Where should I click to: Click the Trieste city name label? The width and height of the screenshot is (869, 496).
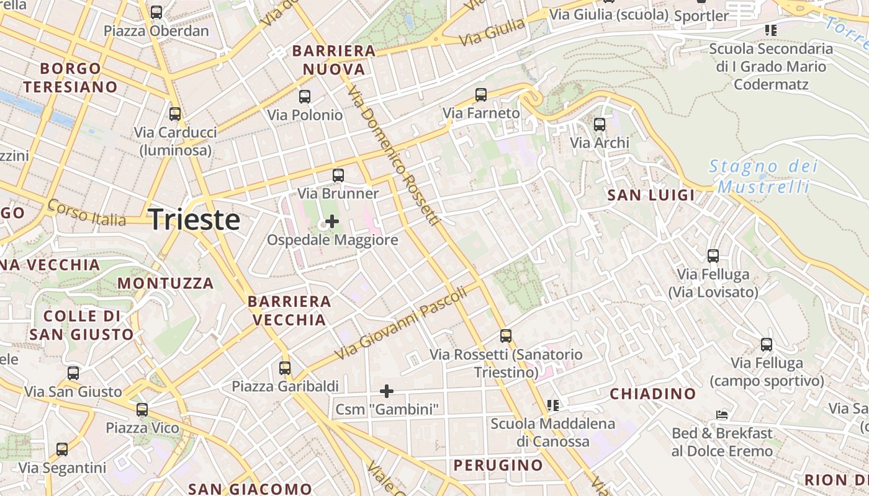pyautogui.click(x=194, y=220)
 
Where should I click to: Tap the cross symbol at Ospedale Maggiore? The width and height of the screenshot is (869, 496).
pyautogui.click(x=332, y=221)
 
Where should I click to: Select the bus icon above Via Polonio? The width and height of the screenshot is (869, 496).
pyautogui.click(x=304, y=97)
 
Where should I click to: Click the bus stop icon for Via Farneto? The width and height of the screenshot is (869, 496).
pyautogui.click(x=481, y=95)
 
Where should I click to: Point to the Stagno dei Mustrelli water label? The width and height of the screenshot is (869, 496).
pyautogui.click(x=763, y=176)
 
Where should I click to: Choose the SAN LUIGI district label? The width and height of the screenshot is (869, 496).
pyautogui.click(x=651, y=195)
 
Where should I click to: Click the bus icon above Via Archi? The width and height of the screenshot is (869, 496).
pyautogui.click(x=599, y=125)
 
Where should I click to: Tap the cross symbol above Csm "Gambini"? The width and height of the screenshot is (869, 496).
pyautogui.click(x=387, y=391)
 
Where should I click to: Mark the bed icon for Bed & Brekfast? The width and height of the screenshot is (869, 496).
pyautogui.click(x=722, y=415)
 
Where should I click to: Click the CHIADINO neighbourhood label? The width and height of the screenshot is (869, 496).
pyautogui.click(x=653, y=394)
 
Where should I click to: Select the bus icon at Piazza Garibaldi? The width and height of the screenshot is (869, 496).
pyautogui.click(x=285, y=368)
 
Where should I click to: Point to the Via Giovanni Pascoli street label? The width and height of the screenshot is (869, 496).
pyautogui.click(x=401, y=325)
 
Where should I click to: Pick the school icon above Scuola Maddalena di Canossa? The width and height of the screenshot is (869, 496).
pyautogui.click(x=553, y=405)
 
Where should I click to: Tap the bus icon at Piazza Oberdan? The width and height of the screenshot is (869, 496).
pyautogui.click(x=156, y=12)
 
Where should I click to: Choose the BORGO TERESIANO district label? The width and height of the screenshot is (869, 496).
pyautogui.click(x=71, y=77)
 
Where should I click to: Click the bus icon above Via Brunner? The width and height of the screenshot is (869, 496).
pyautogui.click(x=338, y=175)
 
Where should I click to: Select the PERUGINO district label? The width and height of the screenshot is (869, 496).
pyautogui.click(x=498, y=465)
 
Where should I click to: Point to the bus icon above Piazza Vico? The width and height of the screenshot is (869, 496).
pyautogui.click(x=142, y=410)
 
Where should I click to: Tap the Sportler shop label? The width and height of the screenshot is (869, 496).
pyautogui.click(x=701, y=15)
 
